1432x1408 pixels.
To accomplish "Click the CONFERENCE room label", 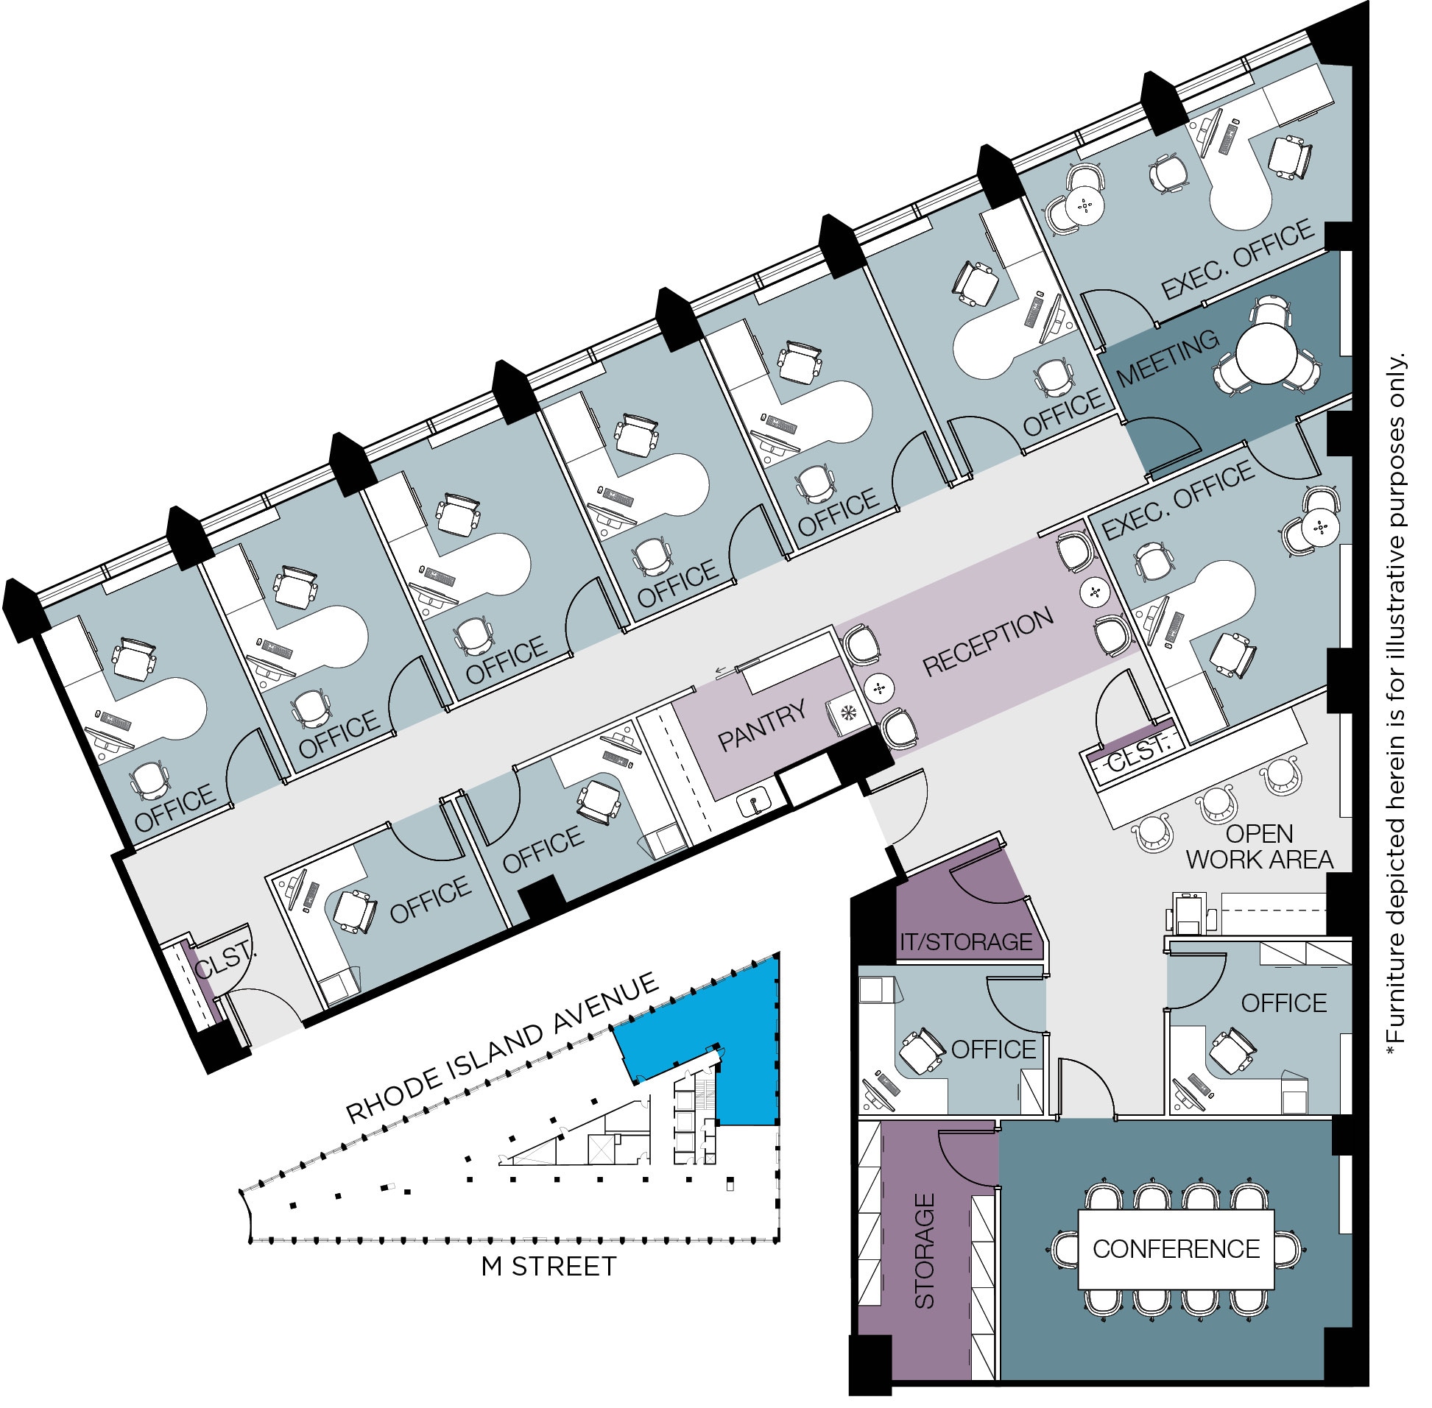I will (1175, 1249).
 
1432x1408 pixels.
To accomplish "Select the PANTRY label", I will (762, 726).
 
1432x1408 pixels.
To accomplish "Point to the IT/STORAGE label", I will (965, 942).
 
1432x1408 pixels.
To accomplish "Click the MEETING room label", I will (1167, 358).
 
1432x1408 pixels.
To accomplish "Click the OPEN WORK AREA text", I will (1259, 846).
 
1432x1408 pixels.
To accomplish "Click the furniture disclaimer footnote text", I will (1395, 702).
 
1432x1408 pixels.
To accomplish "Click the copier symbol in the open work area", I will (1190, 915).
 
